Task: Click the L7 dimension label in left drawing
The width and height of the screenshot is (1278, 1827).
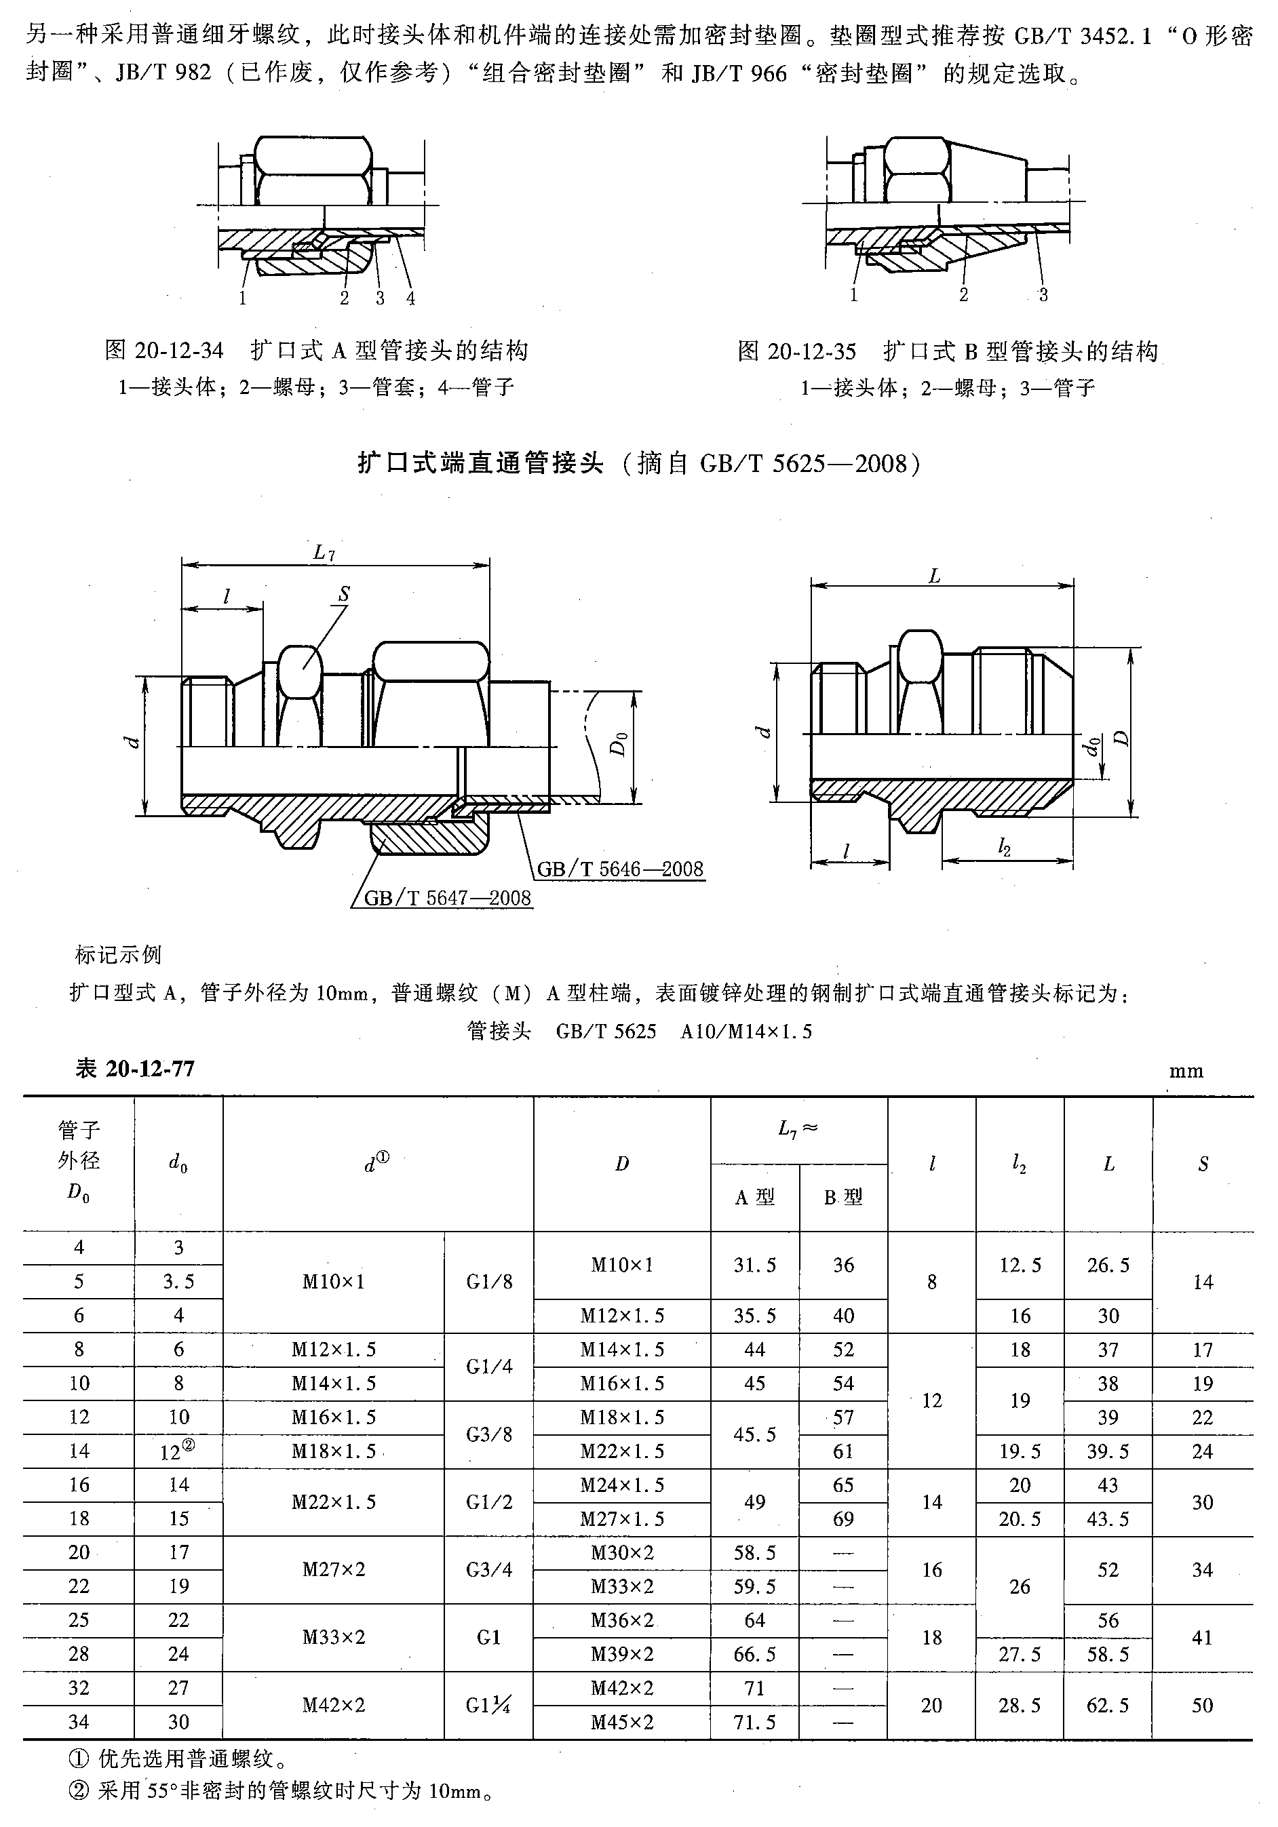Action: (324, 552)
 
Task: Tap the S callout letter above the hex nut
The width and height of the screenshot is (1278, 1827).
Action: (344, 593)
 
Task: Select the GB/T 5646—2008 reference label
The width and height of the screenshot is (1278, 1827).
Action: (620, 868)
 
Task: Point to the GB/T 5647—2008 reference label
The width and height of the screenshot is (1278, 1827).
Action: (447, 898)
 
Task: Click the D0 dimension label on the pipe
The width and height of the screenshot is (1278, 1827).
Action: (619, 744)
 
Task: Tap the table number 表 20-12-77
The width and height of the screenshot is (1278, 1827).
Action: (134, 1068)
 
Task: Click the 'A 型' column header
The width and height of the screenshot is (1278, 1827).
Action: (754, 1198)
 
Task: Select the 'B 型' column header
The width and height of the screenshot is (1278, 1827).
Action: (843, 1198)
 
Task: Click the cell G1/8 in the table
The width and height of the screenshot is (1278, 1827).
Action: (488, 1282)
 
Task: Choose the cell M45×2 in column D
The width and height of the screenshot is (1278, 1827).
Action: (621, 1722)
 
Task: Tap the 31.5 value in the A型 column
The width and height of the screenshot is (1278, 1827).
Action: (754, 1265)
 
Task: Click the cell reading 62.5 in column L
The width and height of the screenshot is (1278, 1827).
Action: (1108, 1705)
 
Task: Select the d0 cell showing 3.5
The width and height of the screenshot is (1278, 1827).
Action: (178, 1282)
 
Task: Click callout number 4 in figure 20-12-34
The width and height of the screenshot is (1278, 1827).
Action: (410, 298)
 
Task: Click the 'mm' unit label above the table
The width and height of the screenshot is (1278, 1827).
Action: (1186, 1071)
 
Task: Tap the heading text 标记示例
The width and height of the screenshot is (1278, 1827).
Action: (119, 954)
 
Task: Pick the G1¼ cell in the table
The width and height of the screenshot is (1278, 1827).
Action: (488, 1705)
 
